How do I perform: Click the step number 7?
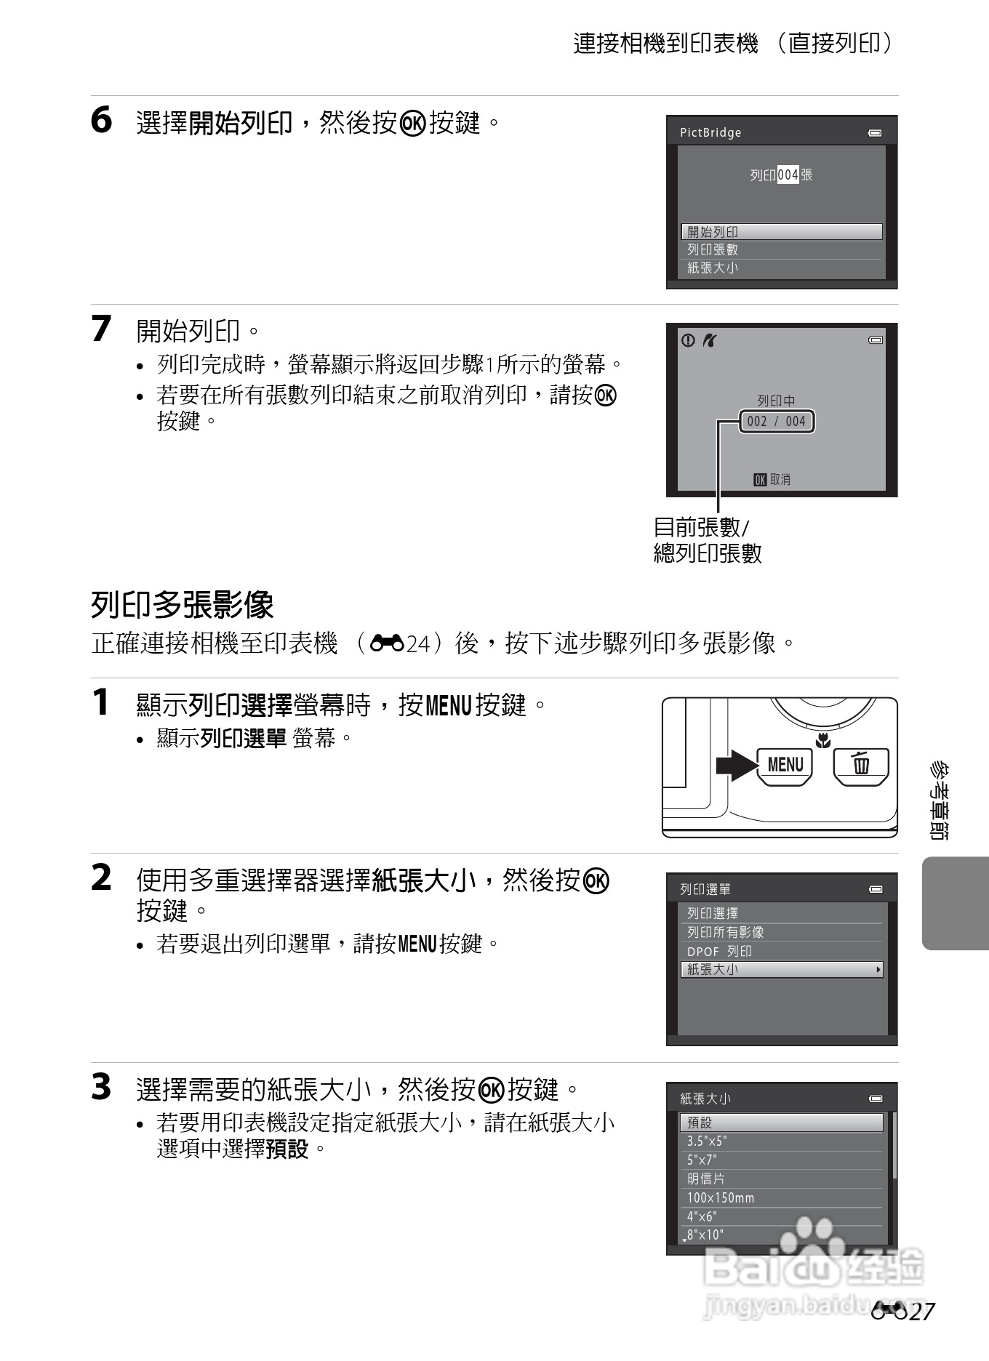101,329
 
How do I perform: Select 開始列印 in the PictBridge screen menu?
781,232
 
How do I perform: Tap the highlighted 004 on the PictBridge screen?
788,175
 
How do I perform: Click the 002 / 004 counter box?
777,422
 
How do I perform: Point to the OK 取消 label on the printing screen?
772,480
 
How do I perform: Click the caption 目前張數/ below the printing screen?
701,527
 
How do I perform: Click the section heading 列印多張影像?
183,605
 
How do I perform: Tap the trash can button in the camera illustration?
861,766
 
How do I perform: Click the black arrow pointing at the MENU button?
735,766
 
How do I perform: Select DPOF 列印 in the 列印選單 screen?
719,951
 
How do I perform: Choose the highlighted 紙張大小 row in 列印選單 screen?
781,970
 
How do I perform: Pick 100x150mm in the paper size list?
721,1197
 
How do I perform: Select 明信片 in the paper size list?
705,1179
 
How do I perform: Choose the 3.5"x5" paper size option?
706,1141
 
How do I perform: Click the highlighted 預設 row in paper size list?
781,1123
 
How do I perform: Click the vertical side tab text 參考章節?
939,800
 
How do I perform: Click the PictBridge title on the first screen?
710,132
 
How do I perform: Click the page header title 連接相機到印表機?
665,44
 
